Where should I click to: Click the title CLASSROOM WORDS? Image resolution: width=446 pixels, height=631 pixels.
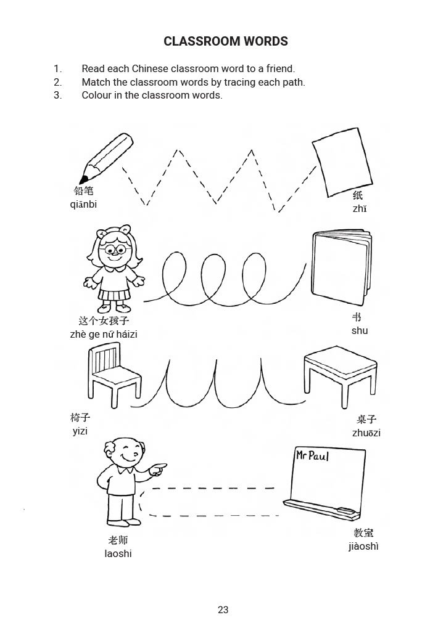(x=225, y=42)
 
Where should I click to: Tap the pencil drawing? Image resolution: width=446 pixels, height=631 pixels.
(x=106, y=158)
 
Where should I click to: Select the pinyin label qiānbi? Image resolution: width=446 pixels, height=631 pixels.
(x=83, y=205)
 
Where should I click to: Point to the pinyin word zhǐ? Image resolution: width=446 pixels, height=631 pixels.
(x=360, y=209)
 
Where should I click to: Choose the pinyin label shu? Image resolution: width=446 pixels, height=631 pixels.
(x=360, y=331)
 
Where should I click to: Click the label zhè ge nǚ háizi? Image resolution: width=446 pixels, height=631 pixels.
(x=104, y=335)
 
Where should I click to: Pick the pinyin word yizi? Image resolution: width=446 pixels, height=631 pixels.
(x=80, y=431)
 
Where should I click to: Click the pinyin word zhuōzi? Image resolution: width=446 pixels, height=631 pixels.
(x=366, y=433)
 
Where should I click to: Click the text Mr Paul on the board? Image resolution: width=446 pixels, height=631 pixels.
(x=312, y=456)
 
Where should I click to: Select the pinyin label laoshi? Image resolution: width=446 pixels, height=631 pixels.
(x=118, y=554)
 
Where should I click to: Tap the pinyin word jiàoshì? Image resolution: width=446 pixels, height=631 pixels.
(x=363, y=547)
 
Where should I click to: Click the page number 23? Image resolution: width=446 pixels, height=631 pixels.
(x=223, y=610)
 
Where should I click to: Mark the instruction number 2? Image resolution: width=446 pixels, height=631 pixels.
(x=58, y=82)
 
